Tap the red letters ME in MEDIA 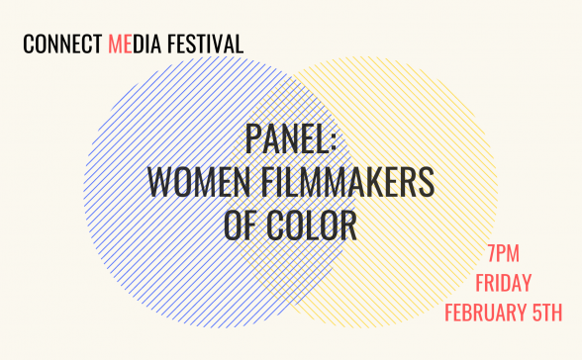click(119, 45)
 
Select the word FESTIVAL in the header click(207, 45)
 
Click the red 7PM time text click(513, 252)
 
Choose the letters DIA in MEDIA click(144, 45)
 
